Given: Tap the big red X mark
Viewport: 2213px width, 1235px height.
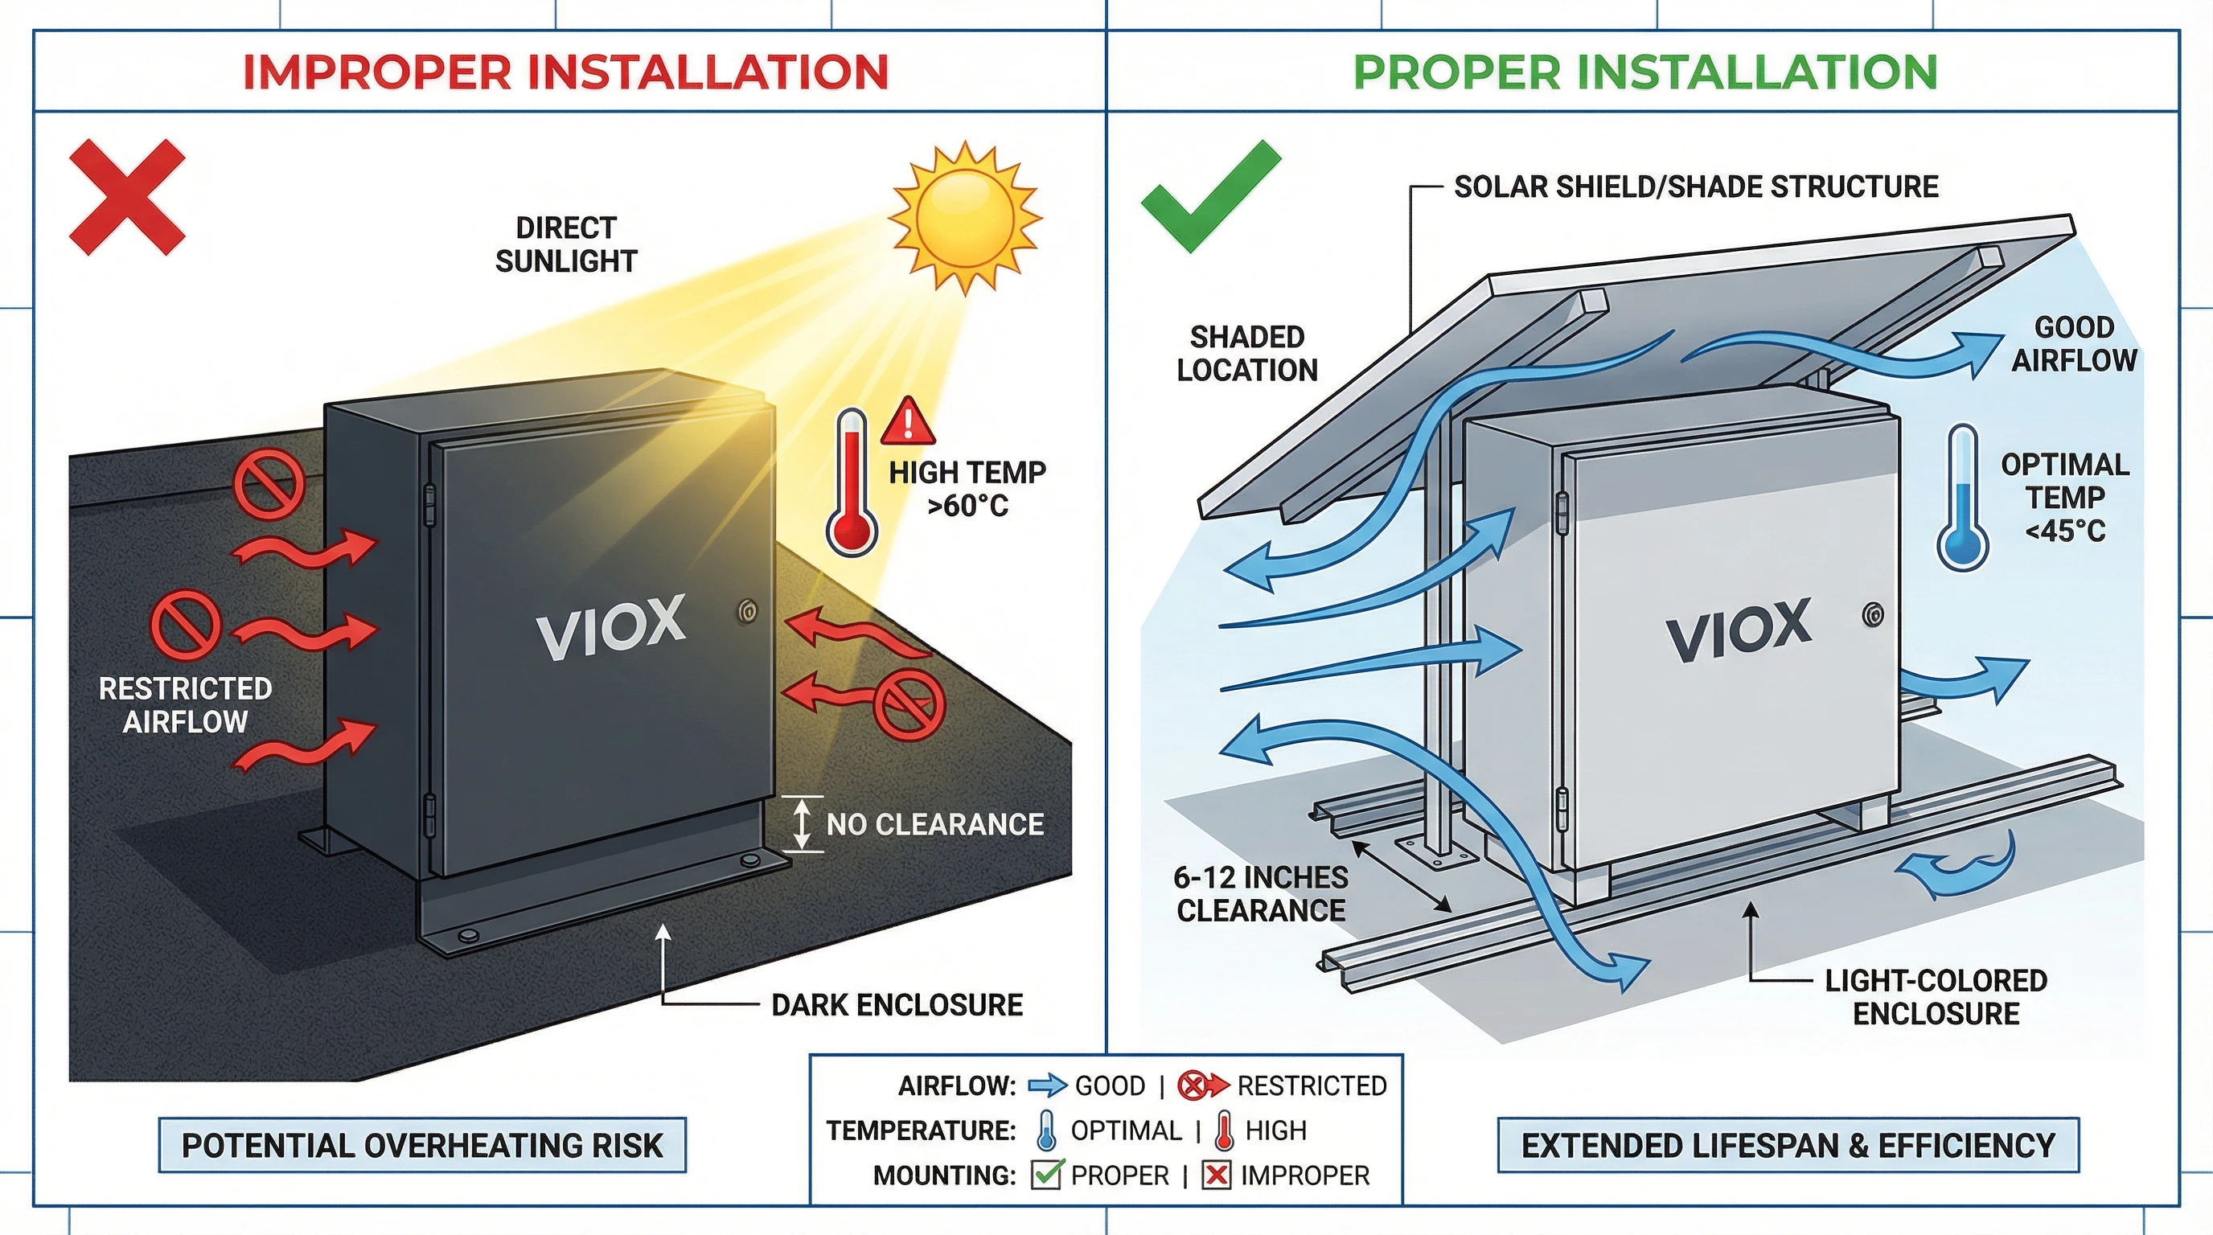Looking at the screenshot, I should pos(127,198).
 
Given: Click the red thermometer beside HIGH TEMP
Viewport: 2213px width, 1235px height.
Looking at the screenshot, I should pos(852,482).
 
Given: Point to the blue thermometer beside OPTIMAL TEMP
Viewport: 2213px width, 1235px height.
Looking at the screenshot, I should pos(1962,499).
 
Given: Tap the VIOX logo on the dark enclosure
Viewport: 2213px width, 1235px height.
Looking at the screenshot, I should pos(611,627).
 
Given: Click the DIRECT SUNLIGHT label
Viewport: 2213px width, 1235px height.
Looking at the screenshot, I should pos(566,244).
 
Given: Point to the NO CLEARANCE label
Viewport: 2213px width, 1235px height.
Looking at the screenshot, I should pos(934,824).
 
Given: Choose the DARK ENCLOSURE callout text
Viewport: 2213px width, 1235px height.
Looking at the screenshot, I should pos(897,1005).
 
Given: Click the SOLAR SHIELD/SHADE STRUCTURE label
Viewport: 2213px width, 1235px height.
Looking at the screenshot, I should pos(1696,187).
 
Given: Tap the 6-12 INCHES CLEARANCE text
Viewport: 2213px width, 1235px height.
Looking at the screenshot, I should pos(1260,894).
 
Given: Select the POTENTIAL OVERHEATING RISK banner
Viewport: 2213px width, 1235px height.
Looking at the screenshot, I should pos(422,1146).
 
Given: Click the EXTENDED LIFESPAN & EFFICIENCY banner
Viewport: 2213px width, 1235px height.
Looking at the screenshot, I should pos(1788,1146).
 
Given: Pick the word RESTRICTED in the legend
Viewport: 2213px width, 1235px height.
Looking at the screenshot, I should pos(1312,1086).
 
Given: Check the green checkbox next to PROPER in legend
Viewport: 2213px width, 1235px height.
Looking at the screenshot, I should pos(1046,1175).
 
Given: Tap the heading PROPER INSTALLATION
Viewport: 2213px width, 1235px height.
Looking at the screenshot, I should pos(1645,72).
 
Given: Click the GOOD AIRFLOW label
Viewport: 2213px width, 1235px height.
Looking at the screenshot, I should pos(2074,343).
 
